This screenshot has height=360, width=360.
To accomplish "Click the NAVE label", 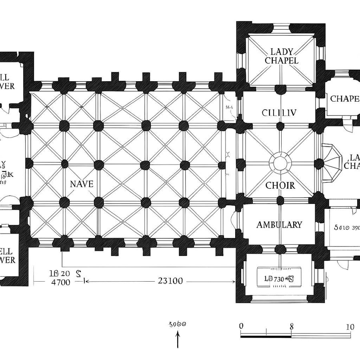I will tap(82, 184).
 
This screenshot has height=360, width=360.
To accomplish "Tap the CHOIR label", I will tap(280, 186).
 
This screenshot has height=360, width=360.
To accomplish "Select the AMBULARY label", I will tap(279, 225).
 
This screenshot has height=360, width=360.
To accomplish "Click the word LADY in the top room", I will tap(282, 52).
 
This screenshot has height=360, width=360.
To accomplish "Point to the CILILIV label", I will tap(279, 113).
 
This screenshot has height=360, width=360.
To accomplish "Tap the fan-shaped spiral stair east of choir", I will tap(331, 164).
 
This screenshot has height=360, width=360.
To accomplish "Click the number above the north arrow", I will tap(178, 324).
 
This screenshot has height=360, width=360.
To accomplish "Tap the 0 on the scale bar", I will tap(241, 326).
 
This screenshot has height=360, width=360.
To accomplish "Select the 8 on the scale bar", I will tap(292, 326).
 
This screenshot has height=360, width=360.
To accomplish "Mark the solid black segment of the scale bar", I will tap(266, 336).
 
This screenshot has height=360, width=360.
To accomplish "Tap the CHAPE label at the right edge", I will tap(344, 99).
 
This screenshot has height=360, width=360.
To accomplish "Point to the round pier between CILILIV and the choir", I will tap(280, 126).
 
